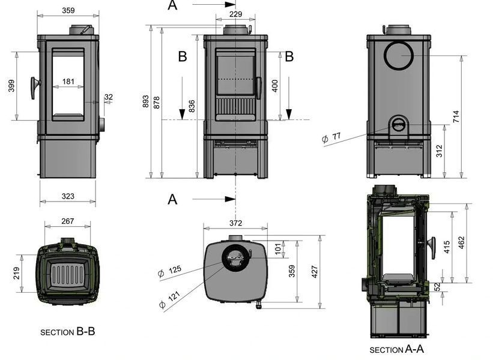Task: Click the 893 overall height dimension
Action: pyautogui.click(x=145, y=101)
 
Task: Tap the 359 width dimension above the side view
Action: pyautogui.click(x=68, y=10)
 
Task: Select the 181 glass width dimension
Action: pyautogui.click(x=68, y=82)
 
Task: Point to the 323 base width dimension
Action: pyautogui.click(x=68, y=196)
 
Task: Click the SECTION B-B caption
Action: pyautogui.click(x=68, y=332)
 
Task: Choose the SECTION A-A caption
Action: pyautogui.click(x=397, y=349)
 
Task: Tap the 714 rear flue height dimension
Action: pyautogui.click(x=456, y=116)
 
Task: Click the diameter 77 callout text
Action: pyautogui.click(x=331, y=137)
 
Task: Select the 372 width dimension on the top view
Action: pyautogui.click(x=235, y=223)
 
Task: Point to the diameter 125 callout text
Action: pyautogui.click(x=170, y=271)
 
